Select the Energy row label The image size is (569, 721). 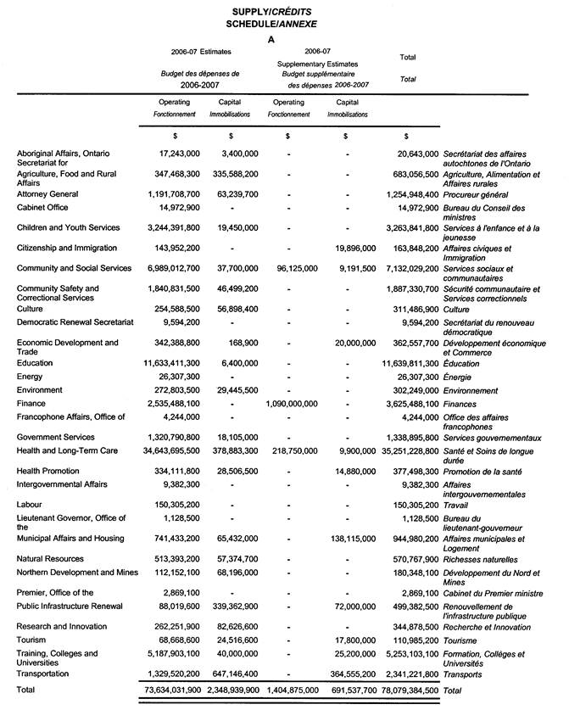click(31, 377)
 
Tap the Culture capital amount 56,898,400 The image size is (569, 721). click(231, 310)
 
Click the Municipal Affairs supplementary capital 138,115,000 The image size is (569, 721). click(348, 539)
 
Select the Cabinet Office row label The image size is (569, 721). click(46, 208)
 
